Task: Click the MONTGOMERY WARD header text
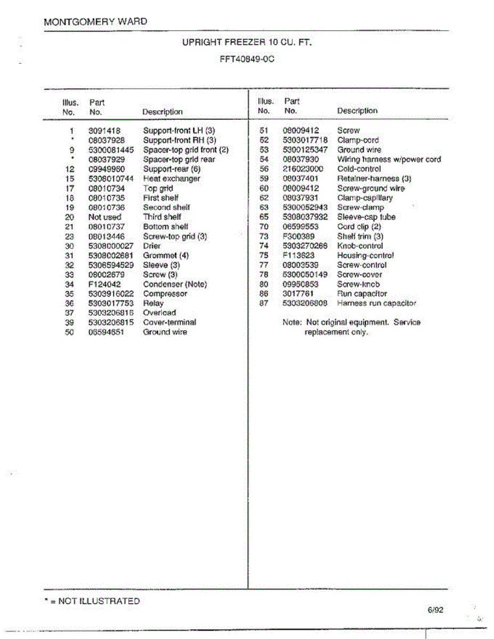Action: [95, 22]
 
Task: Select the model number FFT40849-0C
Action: [247, 60]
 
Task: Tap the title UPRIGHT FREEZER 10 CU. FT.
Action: [247, 42]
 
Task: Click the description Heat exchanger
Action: [172, 178]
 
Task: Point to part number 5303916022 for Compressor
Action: [111, 293]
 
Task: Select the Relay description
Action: [153, 303]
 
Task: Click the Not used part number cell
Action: [105, 217]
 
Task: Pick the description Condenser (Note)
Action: [175, 284]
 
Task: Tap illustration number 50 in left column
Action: [69, 332]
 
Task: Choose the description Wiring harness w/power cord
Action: [389, 159]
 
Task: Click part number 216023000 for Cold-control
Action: [303, 169]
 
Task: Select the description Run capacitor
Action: [362, 293]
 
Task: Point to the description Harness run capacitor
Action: [376, 303]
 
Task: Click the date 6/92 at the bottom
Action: [435, 610]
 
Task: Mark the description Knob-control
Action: [360, 245]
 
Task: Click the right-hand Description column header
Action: [357, 111]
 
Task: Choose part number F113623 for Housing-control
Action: [298, 255]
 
